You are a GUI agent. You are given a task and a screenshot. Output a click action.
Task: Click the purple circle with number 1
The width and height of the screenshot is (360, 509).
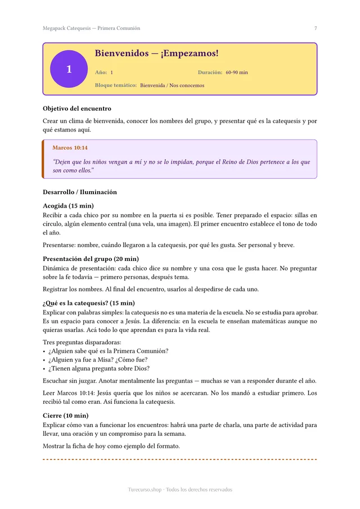[69, 69]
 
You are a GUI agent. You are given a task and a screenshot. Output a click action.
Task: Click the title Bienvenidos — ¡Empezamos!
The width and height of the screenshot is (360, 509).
[156, 53]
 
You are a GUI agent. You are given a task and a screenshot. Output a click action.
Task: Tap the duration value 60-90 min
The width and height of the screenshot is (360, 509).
[236, 73]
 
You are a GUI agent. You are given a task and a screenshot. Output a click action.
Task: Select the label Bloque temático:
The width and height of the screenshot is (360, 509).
[116, 85]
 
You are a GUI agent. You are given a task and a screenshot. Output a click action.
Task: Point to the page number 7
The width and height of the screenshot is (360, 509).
[316, 28]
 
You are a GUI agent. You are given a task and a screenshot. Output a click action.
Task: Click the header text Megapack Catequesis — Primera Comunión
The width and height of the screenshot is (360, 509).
[91, 28]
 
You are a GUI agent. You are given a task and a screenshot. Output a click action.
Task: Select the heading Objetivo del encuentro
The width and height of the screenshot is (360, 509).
[77, 109]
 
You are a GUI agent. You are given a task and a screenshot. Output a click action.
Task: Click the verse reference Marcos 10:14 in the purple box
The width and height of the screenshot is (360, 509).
[70, 148]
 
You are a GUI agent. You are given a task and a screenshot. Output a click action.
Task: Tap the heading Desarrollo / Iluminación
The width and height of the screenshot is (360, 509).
[80, 192]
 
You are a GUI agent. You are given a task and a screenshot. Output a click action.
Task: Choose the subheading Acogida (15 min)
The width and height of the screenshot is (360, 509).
[68, 206]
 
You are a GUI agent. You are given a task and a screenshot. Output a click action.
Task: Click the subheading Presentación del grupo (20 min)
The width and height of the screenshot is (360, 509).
[91, 259]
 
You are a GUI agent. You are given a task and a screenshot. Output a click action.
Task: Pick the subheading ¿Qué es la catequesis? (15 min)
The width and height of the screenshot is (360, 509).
[89, 303]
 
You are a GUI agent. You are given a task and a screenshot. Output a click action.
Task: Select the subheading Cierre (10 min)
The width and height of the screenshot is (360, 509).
[65, 416]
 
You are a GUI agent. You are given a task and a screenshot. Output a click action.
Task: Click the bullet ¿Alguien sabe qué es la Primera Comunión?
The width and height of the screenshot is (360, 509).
[109, 351]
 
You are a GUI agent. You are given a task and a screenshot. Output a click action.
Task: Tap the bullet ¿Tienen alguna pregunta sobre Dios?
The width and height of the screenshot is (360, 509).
[99, 368]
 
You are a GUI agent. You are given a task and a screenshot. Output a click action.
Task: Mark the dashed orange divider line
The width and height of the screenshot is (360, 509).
[180, 460]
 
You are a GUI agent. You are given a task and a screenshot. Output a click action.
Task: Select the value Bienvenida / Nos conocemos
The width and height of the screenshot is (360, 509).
[172, 85]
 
